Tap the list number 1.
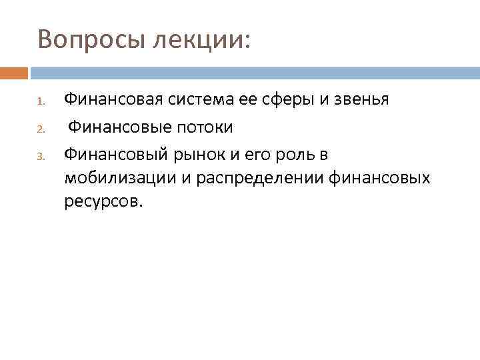tap(40, 103)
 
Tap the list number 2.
tap(40, 129)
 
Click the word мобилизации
tap(115, 178)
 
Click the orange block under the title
tap(14, 73)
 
